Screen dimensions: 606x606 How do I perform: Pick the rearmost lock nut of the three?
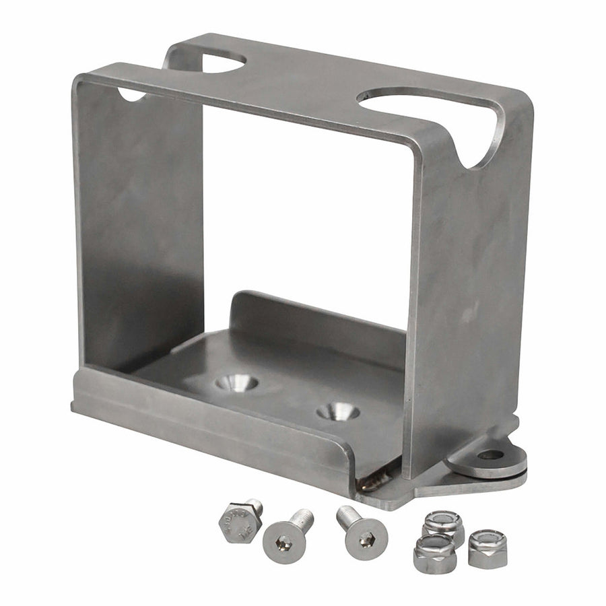pos(444,525)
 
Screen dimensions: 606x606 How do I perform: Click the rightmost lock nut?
pos(487,548)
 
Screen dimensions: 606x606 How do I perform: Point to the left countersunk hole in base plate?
pos(236,383)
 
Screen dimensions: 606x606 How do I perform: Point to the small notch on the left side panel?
pos(131,94)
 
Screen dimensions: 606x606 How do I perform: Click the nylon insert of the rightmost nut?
pos(487,540)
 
